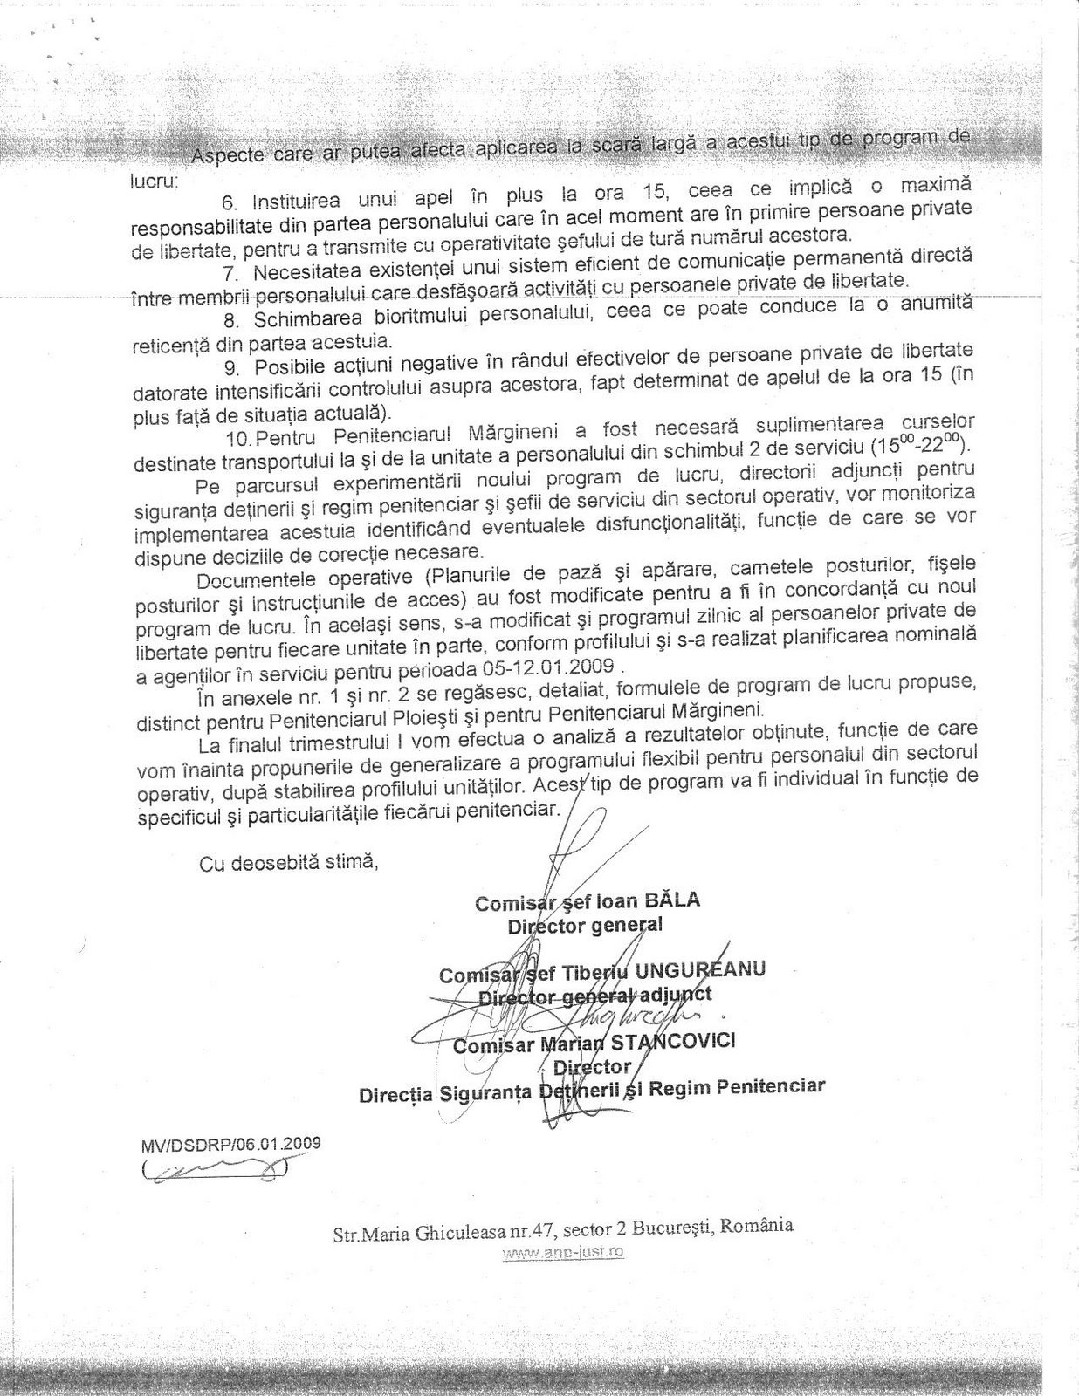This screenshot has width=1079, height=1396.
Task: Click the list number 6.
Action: click(229, 202)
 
